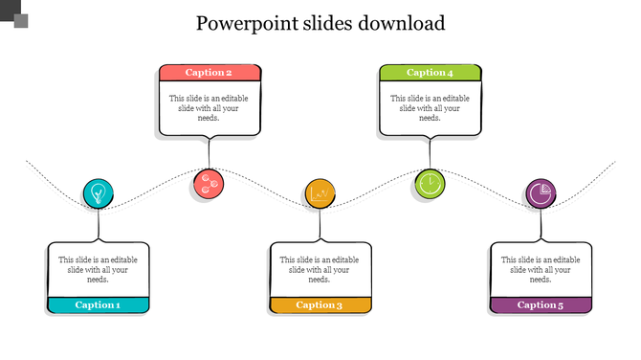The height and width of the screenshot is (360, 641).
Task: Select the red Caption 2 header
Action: point(209,73)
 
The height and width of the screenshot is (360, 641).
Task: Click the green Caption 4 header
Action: point(430,73)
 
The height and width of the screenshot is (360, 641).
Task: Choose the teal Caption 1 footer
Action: point(98,305)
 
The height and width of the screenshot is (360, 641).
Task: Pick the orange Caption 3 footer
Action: point(320,305)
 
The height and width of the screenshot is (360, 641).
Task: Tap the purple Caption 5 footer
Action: point(541,305)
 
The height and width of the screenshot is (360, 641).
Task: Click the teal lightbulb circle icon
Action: point(98,194)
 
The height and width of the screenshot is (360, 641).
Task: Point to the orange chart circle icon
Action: point(320,194)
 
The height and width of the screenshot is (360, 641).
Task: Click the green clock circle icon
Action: point(430,183)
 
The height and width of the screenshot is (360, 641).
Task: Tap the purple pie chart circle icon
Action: point(541,193)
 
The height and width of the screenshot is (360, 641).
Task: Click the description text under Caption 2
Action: point(209,108)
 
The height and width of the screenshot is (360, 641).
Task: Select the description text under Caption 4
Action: point(430,108)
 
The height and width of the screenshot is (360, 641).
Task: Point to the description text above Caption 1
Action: point(98,269)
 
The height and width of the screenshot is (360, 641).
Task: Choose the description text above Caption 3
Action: point(320,269)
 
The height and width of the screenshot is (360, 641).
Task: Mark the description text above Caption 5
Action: point(541,269)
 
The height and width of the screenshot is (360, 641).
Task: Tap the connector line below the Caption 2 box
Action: point(209,153)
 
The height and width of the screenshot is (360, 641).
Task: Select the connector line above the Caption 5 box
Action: point(541,226)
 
